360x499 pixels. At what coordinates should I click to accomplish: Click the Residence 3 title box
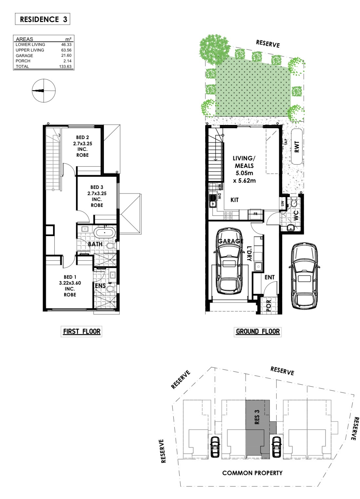tap(43, 19)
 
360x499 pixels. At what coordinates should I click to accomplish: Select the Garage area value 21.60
tap(66, 55)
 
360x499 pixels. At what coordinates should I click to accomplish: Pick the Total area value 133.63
tap(65, 66)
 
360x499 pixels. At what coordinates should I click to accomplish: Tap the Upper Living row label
tap(30, 50)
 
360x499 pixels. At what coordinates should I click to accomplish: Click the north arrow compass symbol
tap(44, 91)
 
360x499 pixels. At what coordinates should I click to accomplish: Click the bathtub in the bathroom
tap(105, 233)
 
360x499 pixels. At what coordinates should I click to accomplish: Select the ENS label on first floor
tap(100, 286)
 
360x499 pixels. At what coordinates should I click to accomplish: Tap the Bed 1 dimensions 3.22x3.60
tap(70, 283)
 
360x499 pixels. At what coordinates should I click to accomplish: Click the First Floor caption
tap(82, 331)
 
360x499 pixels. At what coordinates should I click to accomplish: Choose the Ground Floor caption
tap(258, 331)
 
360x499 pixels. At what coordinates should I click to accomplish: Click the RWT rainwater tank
tap(297, 147)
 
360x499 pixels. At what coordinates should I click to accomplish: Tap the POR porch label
tap(269, 306)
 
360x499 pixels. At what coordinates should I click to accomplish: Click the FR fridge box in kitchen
tap(256, 214)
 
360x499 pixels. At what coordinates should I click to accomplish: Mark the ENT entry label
tap(270, 277)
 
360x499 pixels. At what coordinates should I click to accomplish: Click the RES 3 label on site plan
tap(257, 417)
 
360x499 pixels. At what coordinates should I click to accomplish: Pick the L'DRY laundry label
tap(249, 253)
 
